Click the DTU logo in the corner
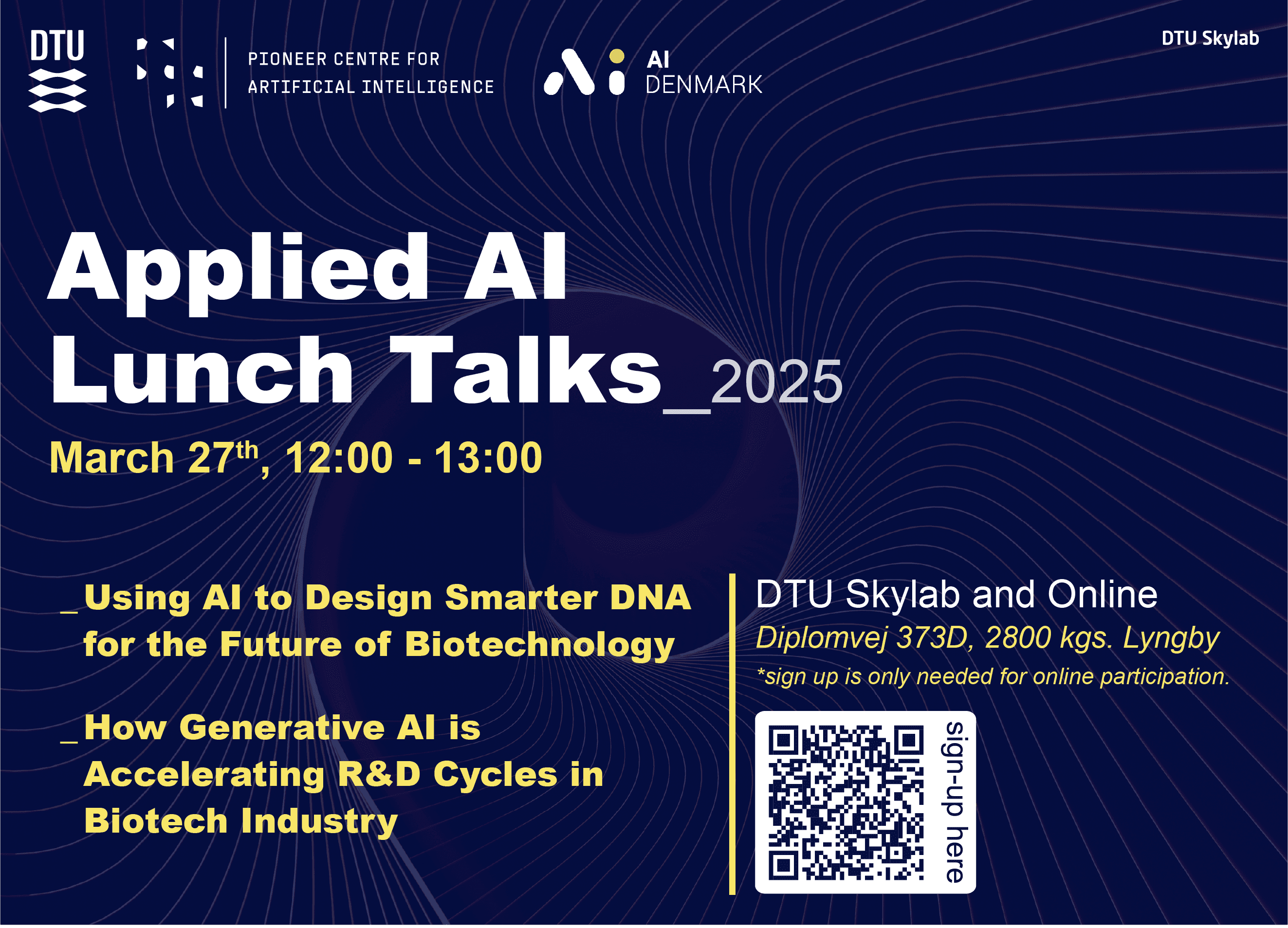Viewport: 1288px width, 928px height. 57,71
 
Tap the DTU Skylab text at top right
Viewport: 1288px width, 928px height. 1210,38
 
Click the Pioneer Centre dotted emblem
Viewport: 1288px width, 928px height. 170,73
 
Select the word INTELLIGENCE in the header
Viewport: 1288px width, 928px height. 427,87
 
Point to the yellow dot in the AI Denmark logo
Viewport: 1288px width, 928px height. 617,56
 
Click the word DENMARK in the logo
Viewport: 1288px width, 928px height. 704,85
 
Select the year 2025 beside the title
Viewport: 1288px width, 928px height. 776,382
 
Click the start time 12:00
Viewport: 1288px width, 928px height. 339,457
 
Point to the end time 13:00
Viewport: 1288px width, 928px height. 488,457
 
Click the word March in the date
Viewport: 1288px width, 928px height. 112,457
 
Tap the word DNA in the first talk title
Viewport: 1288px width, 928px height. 650,598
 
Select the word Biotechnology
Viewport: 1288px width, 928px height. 539,646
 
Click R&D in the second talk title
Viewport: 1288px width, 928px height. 379,774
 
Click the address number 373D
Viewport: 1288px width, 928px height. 932,637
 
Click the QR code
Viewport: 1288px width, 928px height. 846,802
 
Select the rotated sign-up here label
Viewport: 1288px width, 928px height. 955,802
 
